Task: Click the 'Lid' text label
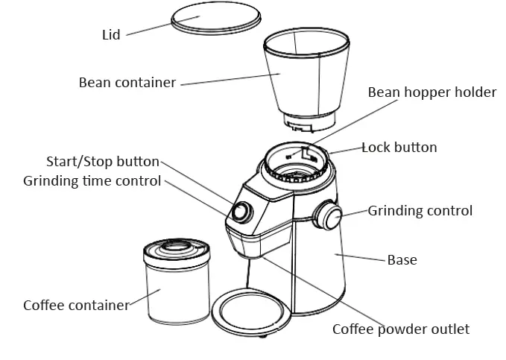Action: click(111, 34)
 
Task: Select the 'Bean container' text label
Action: click(127, 82)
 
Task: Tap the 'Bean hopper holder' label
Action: click(431, 92)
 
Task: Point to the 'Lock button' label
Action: click(399, 148)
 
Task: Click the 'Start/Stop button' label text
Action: click(103, 162)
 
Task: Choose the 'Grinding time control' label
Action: click(92, 181)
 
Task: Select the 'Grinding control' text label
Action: click(420, 211)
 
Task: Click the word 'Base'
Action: click(402, 260)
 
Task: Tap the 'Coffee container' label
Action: click(76, 306)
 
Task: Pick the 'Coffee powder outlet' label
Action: click(401, 329)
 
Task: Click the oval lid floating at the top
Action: click(217, 21)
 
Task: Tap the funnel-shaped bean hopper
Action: click(306, 75)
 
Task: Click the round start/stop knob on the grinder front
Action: click(241, 212)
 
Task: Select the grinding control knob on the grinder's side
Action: click(328, 216)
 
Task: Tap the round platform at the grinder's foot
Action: click(250, 311)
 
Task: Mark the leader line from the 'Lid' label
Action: click(149, 29)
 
